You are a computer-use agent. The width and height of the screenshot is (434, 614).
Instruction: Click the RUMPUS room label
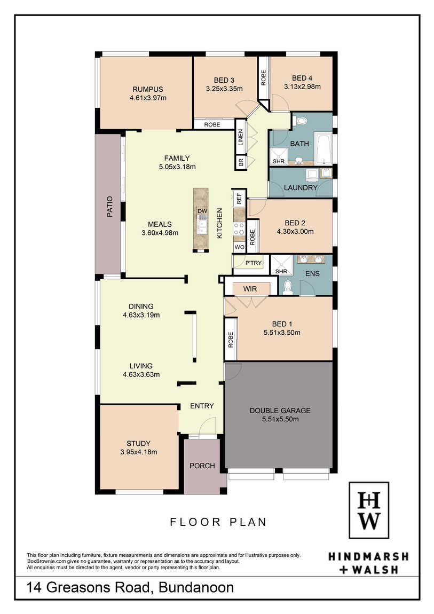pos(147,89)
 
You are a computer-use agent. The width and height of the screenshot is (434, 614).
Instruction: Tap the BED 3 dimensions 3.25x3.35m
pos(224,89)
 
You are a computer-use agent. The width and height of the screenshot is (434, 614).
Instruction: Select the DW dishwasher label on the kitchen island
pos(202,211)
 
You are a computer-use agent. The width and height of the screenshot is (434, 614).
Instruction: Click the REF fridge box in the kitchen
pos(239,198)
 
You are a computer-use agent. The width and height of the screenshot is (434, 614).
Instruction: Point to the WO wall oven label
pos(239,247)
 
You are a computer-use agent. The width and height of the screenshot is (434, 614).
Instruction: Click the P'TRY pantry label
pos(253,263)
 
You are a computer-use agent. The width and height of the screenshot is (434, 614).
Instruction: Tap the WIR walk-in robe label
pos(250,289)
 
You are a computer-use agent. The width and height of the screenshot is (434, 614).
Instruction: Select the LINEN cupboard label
pos(241,137)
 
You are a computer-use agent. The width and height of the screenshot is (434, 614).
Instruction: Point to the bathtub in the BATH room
pos(323,149)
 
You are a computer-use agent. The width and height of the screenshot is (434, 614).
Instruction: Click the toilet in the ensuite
pos(288,287)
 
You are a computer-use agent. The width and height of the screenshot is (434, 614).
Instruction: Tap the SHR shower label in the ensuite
pos(281,271)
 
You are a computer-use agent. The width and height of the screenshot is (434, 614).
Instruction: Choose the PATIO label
pos(110,207)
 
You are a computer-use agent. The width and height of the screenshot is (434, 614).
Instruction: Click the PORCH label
pos(202,466)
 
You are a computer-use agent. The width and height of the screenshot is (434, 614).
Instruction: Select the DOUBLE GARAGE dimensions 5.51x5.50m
pos(280,419)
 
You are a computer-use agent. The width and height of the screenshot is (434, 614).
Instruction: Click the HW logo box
pos(369,510)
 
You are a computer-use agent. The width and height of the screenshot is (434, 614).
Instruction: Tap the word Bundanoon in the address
pos(196,587)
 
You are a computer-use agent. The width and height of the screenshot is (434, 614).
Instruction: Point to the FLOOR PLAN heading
pos(218,522)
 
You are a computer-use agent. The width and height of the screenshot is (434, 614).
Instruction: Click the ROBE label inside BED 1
pos(231,340)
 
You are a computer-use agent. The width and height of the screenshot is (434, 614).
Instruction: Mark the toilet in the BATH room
pos(301,121)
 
